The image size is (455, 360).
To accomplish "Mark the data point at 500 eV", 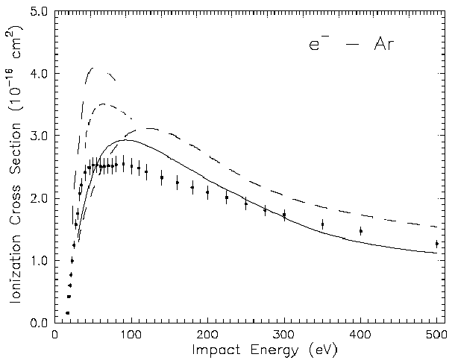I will point(436,244).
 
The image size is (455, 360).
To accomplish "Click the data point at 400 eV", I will point(360,231).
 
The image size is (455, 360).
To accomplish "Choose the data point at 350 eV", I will point(322,224).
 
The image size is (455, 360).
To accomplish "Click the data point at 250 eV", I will point(245,203).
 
